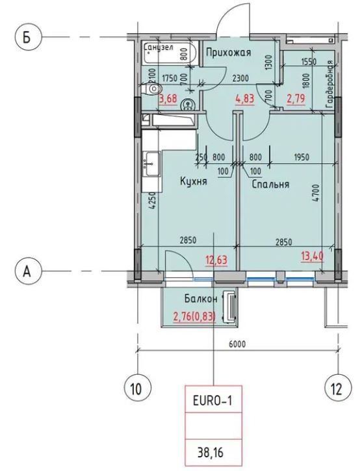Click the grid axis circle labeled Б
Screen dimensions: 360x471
pyautogui.click(x=27, y=37)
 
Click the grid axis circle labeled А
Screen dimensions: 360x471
pyautogui.click(x=27, y=272)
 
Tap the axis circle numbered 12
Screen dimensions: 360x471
pyautogui.click(x=337, y=389)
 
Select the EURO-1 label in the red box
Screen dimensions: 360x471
pyautogui.click(x=212, y=401)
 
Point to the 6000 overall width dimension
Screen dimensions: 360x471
pyautogui.click(x=237, y=344)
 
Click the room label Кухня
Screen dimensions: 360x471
pyautogui.click(x=194, y=181)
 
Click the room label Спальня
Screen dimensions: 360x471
pyautogui.click(x=270, y=184)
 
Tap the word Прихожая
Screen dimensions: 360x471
pyautogui.click(x=228, y=53)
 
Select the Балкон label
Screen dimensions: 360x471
pyautogui.click(x=201, y=298)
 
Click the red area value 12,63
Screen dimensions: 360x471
pyautogui.click(x=216, y=259)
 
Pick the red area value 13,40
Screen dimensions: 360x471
pyautogui.click(x=313, y=256)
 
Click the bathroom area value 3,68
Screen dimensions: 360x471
pyautogui.click(x=168, y=98)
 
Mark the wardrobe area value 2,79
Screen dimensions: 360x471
pyautogui.click(x=296, y=98)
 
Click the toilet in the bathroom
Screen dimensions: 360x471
pyautogui.click(x=153, y=88)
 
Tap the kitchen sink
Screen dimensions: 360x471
pyautogui.click(x=152, y=164)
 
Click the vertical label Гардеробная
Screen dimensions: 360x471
pyautogui.click(x=330, y=84)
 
